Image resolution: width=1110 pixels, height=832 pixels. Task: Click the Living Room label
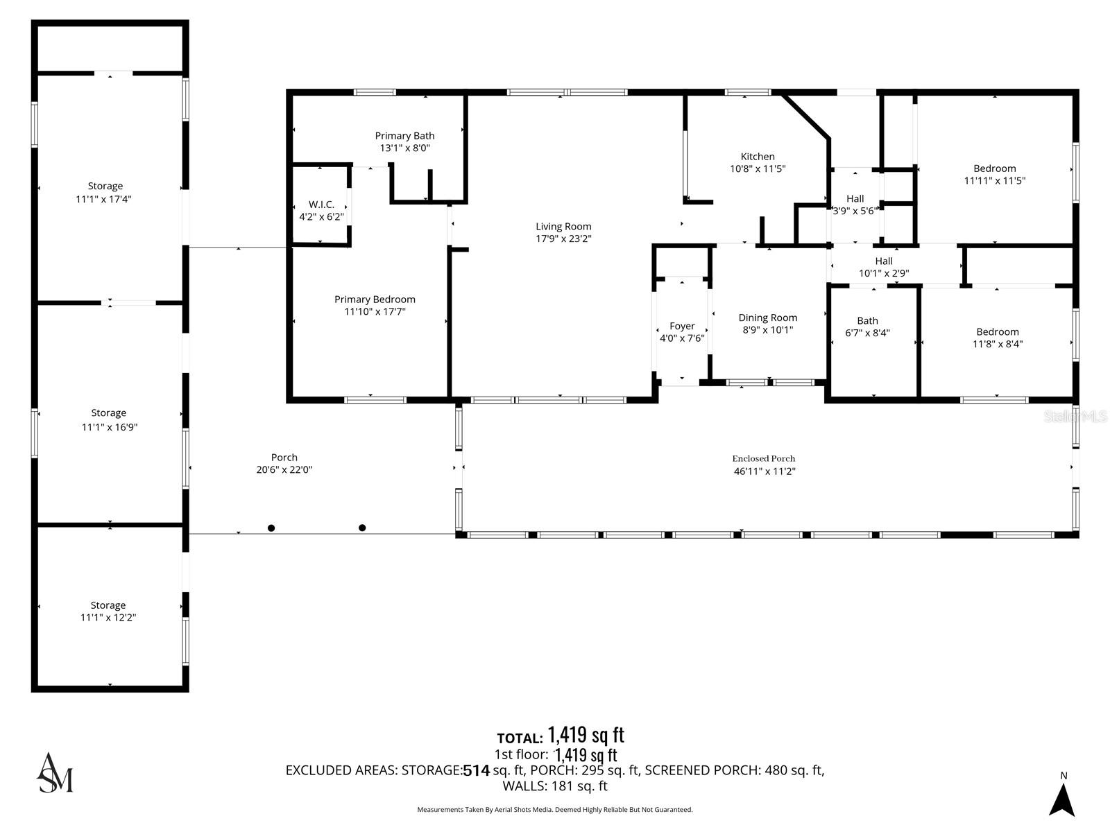click(x=563, y=226)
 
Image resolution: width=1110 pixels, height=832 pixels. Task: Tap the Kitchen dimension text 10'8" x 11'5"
click(x=758, y=168)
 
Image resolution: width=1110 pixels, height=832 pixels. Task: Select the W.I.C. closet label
click(x=321, y=205)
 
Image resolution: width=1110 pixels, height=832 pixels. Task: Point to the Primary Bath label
click(x=404, y=136)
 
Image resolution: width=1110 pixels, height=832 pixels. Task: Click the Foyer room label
click(x=682, y=326)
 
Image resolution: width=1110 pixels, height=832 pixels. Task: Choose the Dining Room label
click(x=767, y=318)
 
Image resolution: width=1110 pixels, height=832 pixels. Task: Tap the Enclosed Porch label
click(x=764, y=458)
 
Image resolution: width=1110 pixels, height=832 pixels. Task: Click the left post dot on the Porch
click(x=271, y=528)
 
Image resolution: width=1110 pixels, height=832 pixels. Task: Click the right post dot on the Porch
click(x=362, y=528)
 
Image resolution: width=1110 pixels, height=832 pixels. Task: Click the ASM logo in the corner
click(x=55, y=772)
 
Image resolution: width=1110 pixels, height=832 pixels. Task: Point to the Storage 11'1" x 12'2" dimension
click(x=108, y=618)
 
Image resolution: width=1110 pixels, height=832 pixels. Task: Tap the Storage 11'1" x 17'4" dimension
click(x=105, y=199)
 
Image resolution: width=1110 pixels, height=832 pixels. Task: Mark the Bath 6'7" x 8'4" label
click(x=867, y=320)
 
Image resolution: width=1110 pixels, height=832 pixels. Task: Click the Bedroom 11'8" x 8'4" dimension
click(x=998, y=344)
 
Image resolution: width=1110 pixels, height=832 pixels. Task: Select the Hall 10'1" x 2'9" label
click(x=884, y=261)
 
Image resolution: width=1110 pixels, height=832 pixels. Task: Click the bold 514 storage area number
click(x=476, y=770)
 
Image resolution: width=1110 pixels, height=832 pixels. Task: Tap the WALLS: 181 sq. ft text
click(x=554, y=786)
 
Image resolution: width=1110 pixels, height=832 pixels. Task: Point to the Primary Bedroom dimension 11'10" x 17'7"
click(x=375, y=312)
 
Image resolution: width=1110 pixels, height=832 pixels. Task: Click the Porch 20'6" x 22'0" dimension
click(x=284, y=469)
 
